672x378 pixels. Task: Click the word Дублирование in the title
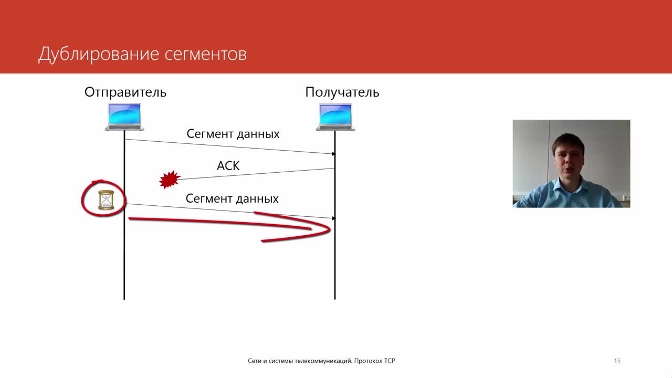point(98,55)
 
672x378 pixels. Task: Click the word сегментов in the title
point(205,55)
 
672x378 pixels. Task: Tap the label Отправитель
point(125,92)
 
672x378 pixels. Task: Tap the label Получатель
point(342,92)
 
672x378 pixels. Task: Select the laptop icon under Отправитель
point(124,117)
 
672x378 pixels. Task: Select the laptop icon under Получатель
point(335,117)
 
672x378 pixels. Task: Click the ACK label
point(228,165)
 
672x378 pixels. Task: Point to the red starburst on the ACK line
point(170,180)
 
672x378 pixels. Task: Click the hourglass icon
point(106,200)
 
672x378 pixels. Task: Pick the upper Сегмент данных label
point(233,134)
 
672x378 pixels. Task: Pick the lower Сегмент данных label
point(232,198)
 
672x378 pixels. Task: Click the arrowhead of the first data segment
point(333,154)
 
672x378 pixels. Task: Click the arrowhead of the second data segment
point(333,218)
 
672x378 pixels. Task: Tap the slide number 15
point(617,361)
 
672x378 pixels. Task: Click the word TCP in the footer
point(390,361)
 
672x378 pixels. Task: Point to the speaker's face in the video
point(568,160)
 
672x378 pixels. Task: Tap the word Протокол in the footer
point(368,361)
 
